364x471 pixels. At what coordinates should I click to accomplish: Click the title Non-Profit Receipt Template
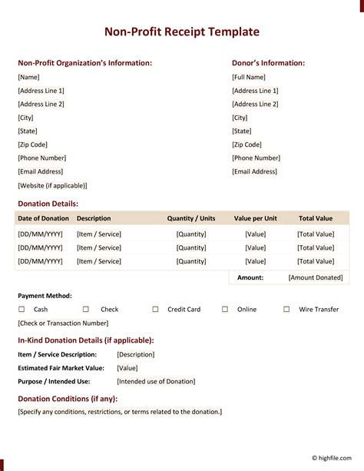182,32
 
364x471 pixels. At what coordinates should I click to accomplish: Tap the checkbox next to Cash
22,309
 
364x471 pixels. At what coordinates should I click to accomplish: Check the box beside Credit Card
155,309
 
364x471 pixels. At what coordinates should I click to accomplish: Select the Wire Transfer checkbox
286,309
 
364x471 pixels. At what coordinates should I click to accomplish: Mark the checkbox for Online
225,309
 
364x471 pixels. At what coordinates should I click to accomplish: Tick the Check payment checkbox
86,309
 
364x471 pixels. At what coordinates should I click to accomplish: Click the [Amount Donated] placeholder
315,277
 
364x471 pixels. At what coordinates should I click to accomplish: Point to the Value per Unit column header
255,218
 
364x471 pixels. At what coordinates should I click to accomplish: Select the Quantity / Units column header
191,218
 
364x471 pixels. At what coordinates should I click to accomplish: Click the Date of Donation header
43,218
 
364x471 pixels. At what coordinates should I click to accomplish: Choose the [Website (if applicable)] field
52,185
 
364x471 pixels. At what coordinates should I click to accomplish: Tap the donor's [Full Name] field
248,77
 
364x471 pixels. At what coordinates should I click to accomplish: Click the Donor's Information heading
268,63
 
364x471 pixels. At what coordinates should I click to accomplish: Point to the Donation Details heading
48,204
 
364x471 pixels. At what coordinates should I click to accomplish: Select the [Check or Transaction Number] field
63,323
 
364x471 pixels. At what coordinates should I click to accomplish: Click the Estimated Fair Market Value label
62,368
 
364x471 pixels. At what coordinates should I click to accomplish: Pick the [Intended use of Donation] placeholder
156,381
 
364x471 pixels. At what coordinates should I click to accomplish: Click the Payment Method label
45,295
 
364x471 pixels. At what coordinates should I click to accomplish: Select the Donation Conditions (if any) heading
68,398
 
